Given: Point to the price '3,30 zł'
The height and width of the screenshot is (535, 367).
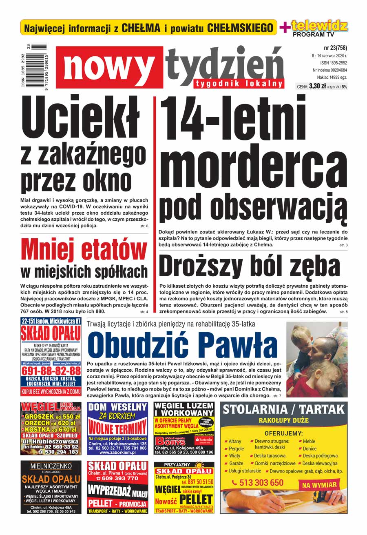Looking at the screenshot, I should (317, 86).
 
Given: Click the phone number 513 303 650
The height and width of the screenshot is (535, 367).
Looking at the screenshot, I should (261, 483).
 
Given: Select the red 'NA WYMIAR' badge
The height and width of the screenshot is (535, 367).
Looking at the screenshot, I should (319, 485).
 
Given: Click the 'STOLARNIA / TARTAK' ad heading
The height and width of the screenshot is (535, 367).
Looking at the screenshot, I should (284, 410).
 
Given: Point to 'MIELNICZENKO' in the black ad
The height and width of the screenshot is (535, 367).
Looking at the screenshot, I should (51, 466).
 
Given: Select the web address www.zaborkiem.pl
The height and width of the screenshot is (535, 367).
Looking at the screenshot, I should (117, 453).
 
